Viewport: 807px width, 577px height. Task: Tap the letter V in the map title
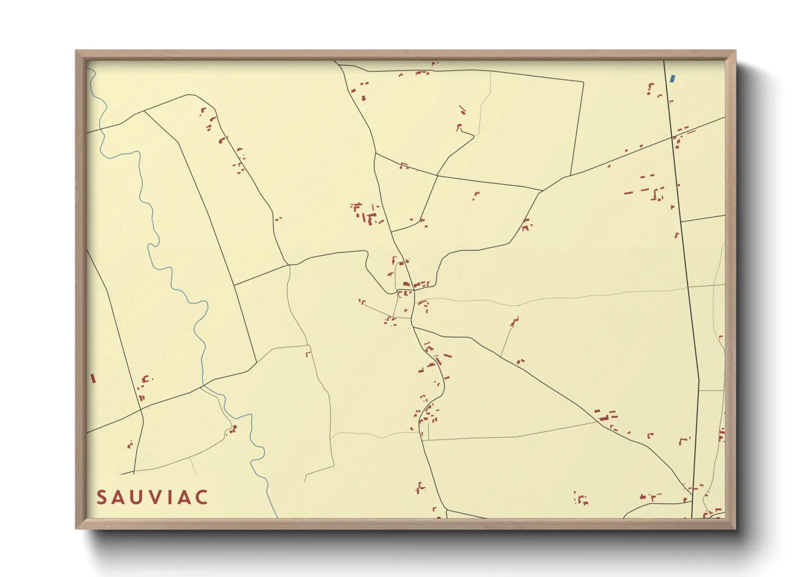coord(156,497)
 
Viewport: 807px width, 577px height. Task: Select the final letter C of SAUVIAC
coord(201,497)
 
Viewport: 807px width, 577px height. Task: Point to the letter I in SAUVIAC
coord(171,497)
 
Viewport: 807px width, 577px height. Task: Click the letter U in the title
coord(138,497)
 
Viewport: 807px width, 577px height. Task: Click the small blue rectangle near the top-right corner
coord(672,79)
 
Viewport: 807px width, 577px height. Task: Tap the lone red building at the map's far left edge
coord(93,378)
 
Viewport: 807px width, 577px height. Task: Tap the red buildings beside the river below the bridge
coord(233,429)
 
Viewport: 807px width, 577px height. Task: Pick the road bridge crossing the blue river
coord(203,387)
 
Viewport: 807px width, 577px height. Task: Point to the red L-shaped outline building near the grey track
coord(308,354)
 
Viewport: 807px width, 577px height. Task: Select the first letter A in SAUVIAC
coord(120,497)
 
